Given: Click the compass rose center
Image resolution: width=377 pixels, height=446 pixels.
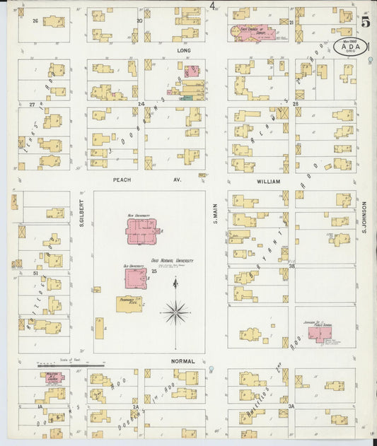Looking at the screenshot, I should [x=175, y=310].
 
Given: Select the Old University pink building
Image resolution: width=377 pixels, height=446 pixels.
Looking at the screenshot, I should [x=132, y=278].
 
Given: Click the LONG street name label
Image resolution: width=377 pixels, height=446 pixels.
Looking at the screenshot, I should [x=183, y=52].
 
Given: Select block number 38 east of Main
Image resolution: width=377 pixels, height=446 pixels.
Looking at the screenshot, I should [x=291, y=266].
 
